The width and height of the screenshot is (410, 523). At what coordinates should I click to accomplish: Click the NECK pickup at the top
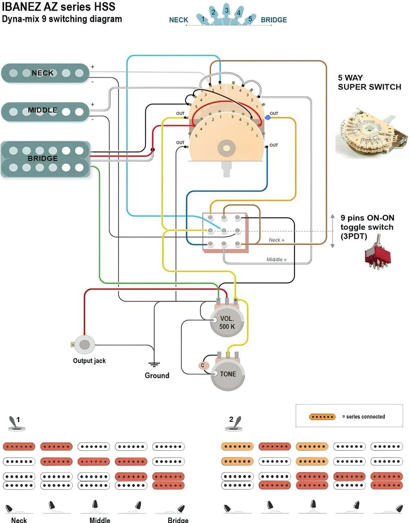(x=45, y=73)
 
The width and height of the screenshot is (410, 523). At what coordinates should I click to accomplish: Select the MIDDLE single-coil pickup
(x=45, y=111)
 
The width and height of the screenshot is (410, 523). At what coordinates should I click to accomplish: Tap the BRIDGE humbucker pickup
(x=46, y=160)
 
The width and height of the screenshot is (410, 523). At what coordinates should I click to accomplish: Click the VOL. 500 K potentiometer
(x=227, y=322)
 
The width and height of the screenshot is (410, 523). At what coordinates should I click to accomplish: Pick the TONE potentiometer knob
(x=228, y=374)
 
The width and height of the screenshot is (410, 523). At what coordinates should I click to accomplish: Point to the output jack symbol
(x=85, y=344)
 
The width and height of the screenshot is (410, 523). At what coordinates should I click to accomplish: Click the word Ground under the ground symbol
(x=157, y=375)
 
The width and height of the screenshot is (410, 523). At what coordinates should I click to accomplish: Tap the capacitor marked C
(x=202, y=366)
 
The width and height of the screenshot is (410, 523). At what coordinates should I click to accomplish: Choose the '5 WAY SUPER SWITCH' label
(x=369, y=82)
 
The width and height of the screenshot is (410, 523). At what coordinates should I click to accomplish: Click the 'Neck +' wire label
(x=277, y=240)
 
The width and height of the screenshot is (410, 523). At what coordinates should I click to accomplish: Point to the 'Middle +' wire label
(x=276, y=259)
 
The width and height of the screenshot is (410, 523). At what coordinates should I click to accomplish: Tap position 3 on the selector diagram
(x=226, y=11)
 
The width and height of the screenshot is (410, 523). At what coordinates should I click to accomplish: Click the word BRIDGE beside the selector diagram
(x=274, y=20)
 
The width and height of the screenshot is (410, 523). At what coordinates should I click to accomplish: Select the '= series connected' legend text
(x=363, y=417)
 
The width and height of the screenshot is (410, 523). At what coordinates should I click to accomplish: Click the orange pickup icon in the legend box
(x=323, y=417)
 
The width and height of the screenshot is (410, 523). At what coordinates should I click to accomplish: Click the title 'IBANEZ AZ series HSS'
(x=58, y=7)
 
